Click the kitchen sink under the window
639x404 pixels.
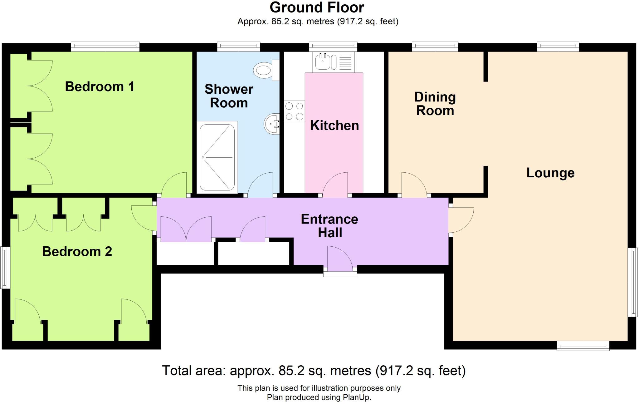click(322, 61)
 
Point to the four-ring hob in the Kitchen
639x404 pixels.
click(294, 111)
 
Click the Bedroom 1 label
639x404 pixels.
click(100, 86)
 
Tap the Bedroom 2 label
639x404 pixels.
click(77, 251)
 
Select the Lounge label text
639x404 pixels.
click(550, 173)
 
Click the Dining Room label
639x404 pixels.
click(435, 104)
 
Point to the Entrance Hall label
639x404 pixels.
click(329, 226)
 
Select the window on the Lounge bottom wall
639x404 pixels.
click(583, 346)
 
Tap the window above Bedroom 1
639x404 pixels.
click(105, 47)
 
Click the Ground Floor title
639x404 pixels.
click(317, 7)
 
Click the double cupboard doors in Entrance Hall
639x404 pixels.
click(186, 230)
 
